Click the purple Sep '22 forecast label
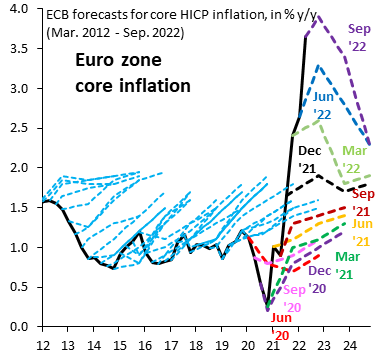pos(355,36)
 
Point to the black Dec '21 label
pos(312,158)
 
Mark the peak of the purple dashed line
pos(317,16)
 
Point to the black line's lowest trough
pos(267,305)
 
